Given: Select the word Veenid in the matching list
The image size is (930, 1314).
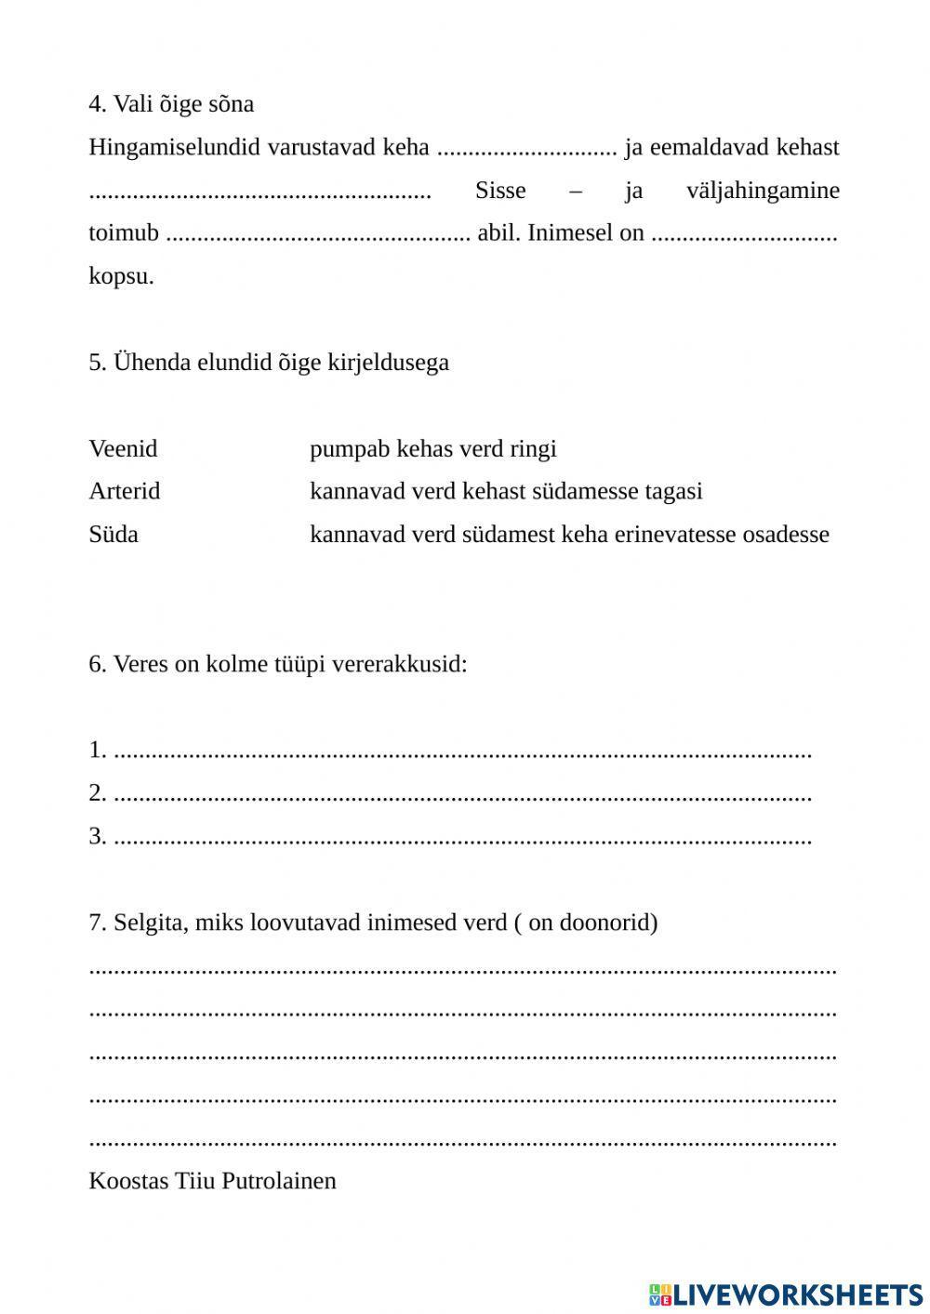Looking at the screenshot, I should click(123, 448).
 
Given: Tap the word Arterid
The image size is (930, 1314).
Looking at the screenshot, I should click(124, 491).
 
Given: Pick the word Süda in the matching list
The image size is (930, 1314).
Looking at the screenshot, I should click(113, 534).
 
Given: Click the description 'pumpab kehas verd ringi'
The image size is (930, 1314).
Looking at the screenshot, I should click(432, 448).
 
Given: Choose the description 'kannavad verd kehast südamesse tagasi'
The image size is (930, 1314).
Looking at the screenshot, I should click(506, 491).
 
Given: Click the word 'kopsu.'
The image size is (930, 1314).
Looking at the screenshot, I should click(121, 276).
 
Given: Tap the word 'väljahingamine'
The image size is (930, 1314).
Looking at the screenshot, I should click(763, 191).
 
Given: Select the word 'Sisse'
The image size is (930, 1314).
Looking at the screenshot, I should click(500, 191).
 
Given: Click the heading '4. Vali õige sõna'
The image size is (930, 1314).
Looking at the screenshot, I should click(171, 104).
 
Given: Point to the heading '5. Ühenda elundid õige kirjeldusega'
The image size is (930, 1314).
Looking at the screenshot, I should click(269, 362).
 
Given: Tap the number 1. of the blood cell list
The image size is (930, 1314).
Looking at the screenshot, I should click(98, 750).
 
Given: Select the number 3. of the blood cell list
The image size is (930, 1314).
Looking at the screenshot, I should click(98, 836).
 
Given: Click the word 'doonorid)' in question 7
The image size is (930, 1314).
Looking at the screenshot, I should click(610, 922).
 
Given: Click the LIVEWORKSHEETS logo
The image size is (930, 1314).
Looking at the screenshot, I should click(786, 1294).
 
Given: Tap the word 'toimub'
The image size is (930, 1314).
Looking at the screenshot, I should click(124, 232).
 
